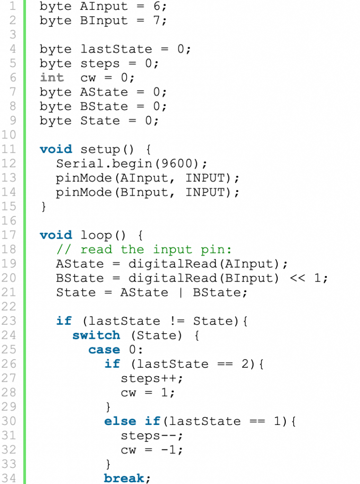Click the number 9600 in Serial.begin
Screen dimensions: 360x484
click(177, 164)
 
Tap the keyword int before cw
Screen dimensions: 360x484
click(52, 78)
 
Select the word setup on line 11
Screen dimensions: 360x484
click(100, 150)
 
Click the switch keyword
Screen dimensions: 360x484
click(96, 335)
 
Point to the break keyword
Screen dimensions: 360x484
click(124, 478)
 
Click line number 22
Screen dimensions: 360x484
click(9, 306)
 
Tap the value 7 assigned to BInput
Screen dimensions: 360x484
click(157, 20)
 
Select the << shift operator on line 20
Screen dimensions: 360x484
click(298, 278)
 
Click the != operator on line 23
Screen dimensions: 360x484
click(177, 321)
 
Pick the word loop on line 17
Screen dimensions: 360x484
click(96, 235)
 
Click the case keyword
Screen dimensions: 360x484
click(104, 350)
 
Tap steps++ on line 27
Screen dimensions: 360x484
click(148, 379)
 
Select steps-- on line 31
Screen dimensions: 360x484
click(148, 435)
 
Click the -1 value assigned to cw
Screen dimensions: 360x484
click(168, 450)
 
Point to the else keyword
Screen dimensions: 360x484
click(120, 421)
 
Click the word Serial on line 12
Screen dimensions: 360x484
click(80, 164)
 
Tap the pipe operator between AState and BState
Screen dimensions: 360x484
click(181, 292)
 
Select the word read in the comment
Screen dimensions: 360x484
click(96, 250)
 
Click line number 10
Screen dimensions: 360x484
click(9, 135)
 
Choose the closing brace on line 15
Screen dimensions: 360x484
click(44, 207)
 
